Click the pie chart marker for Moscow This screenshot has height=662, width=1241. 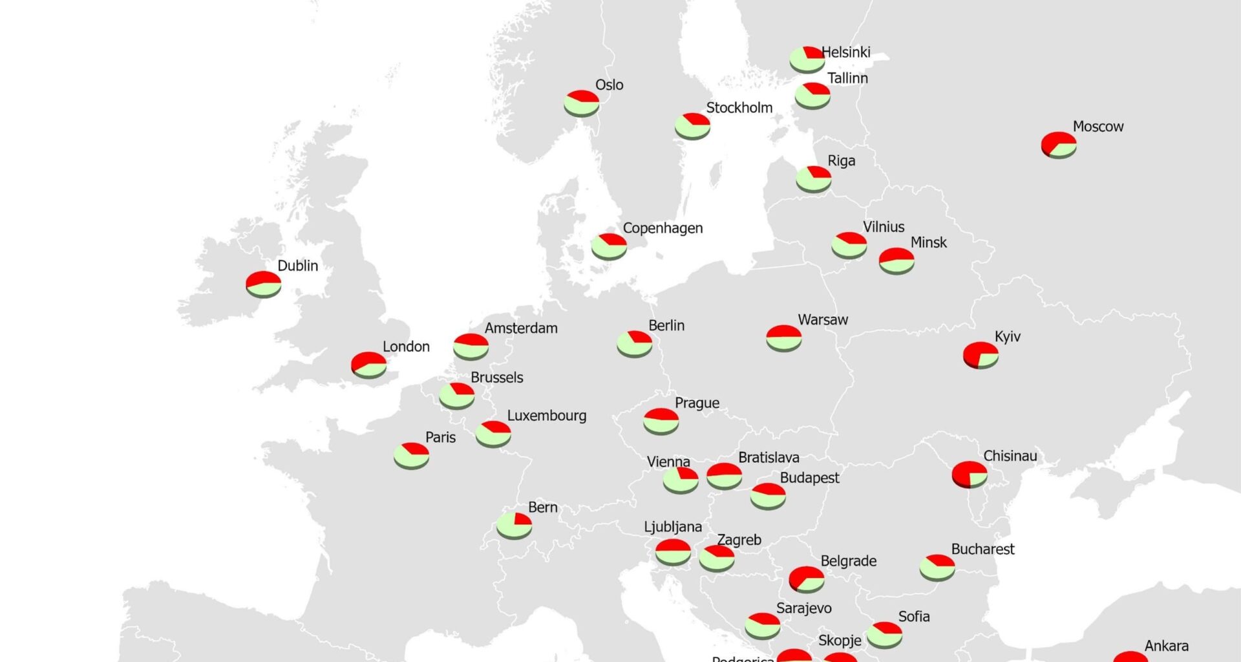coord(1059,145)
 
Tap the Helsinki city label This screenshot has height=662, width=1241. coord(845,52)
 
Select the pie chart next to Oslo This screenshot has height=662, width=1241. coord(581,103)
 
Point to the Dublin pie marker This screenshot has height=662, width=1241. coord(263,284)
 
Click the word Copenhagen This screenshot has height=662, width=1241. coord(663,228)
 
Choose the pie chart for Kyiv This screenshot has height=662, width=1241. coord(981,355)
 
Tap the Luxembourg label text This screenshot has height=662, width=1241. coord(547,416)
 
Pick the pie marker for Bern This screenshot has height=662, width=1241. coord(514,526)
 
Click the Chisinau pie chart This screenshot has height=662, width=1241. coord(970,474)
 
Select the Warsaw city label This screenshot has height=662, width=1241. coord(823,320)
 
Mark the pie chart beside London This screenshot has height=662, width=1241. coord(368,365)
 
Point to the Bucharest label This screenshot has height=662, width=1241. coord(982,550)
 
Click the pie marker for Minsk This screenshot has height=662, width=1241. coord(896,261)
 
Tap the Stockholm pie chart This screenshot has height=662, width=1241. coord(692,125)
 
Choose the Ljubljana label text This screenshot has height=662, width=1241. coord(673,527)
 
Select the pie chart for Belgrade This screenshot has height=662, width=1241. coord(806,579)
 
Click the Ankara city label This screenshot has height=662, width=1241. coord(1166,646)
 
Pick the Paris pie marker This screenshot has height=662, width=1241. coord(411,455)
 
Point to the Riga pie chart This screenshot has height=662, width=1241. coord(813,179)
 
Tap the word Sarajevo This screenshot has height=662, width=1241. coord(803,608)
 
